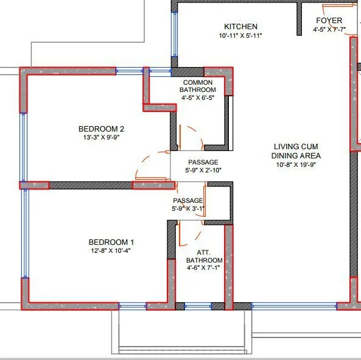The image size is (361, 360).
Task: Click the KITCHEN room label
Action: [x=240, y=27]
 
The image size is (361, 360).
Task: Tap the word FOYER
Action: [x=329, y=20]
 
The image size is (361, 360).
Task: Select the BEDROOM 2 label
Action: [x=101, y=129]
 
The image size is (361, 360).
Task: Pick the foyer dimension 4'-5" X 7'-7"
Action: [x=329, y=29]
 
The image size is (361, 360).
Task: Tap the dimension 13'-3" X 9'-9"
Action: [x=101, y=138]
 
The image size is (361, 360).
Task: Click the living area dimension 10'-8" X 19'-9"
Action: [x=296, y=164]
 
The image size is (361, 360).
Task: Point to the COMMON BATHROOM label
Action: [x=197, y=86]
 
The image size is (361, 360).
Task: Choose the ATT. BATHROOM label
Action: [x=203, y=256]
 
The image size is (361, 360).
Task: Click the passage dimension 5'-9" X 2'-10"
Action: [x=203, y=170]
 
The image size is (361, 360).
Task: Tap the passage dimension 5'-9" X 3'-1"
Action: [x=188, y=208]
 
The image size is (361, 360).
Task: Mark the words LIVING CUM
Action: [x=296, y=147]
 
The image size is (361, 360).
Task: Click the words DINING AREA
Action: [x=296, y=155]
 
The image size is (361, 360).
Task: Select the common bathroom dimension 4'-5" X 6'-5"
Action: [x=197, y=97]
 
